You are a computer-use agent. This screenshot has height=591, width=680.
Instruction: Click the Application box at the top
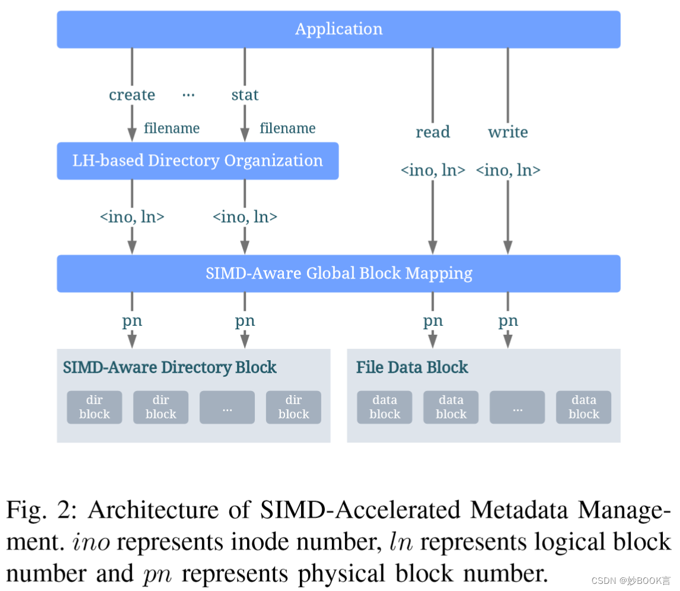[339, 29]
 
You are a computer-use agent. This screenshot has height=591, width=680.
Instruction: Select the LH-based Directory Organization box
[197, 161]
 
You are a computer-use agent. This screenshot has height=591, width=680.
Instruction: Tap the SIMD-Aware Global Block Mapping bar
[339, 274]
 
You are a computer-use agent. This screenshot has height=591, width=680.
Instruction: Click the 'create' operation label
[132, 95]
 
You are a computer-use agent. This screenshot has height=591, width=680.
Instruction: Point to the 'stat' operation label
[245, 95]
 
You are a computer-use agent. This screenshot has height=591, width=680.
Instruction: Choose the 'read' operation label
[432, 132]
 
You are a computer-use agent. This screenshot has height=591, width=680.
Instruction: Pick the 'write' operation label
[508, 132]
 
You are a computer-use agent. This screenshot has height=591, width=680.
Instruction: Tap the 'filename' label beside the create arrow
[172, 128]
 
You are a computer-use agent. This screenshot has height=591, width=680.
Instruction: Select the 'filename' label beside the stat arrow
[287, 128]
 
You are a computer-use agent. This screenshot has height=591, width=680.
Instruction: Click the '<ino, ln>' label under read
[432, 170]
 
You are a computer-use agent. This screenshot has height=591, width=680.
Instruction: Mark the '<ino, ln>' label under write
[508, 170]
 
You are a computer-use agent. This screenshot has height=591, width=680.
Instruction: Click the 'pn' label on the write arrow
[508, 321]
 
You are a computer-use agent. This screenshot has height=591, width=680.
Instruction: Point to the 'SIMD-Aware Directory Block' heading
[170, 367]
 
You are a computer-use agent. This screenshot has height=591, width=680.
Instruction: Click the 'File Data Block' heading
[412, 367]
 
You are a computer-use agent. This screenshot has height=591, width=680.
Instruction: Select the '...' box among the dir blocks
[227, 407]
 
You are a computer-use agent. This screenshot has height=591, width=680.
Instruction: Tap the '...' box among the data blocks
[517, 407]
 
